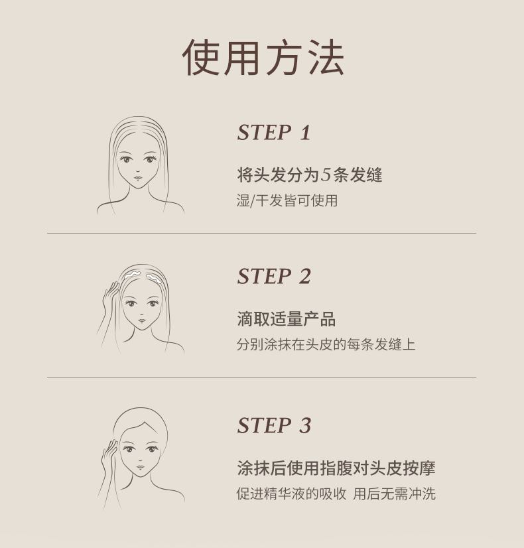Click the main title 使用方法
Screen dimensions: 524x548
pyautogui.click(x=263, y=57)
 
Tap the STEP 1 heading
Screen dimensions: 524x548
pyautogui.click(x=274, y=133)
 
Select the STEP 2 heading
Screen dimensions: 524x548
pyautogui.click(x=274, y=277)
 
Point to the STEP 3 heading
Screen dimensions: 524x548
pyautogui.click(x=274, y=426)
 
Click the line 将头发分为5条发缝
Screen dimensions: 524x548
pyautogui.click(x=310, y=174)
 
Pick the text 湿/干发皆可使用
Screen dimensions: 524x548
pyautogui.click(x=287, y=200)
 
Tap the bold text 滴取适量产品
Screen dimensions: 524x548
pyautogui.click(x=286, y=318)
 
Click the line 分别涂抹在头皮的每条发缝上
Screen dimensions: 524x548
pyautogui.click(x=326, y=344)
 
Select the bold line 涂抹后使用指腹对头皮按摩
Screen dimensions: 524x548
pyautogui.click(x=336, y=468)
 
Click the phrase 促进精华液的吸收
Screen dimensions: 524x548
pyautogui.click(x=291, y=494)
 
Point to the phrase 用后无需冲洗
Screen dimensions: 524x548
pyautogui.click(x=395, y=494)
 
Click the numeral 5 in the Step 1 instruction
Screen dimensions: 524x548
pyautogui.click(x=326, y=174)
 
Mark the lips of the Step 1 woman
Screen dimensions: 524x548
pyautogui.click(x=139, y=178)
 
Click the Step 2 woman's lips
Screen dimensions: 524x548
pyautogui.click(x=142, y=320)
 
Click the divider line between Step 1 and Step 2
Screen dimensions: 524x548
pyautogui.click(x=261, y=233)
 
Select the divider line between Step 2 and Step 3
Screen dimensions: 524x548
pyautogui.click(x=261, y=377)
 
